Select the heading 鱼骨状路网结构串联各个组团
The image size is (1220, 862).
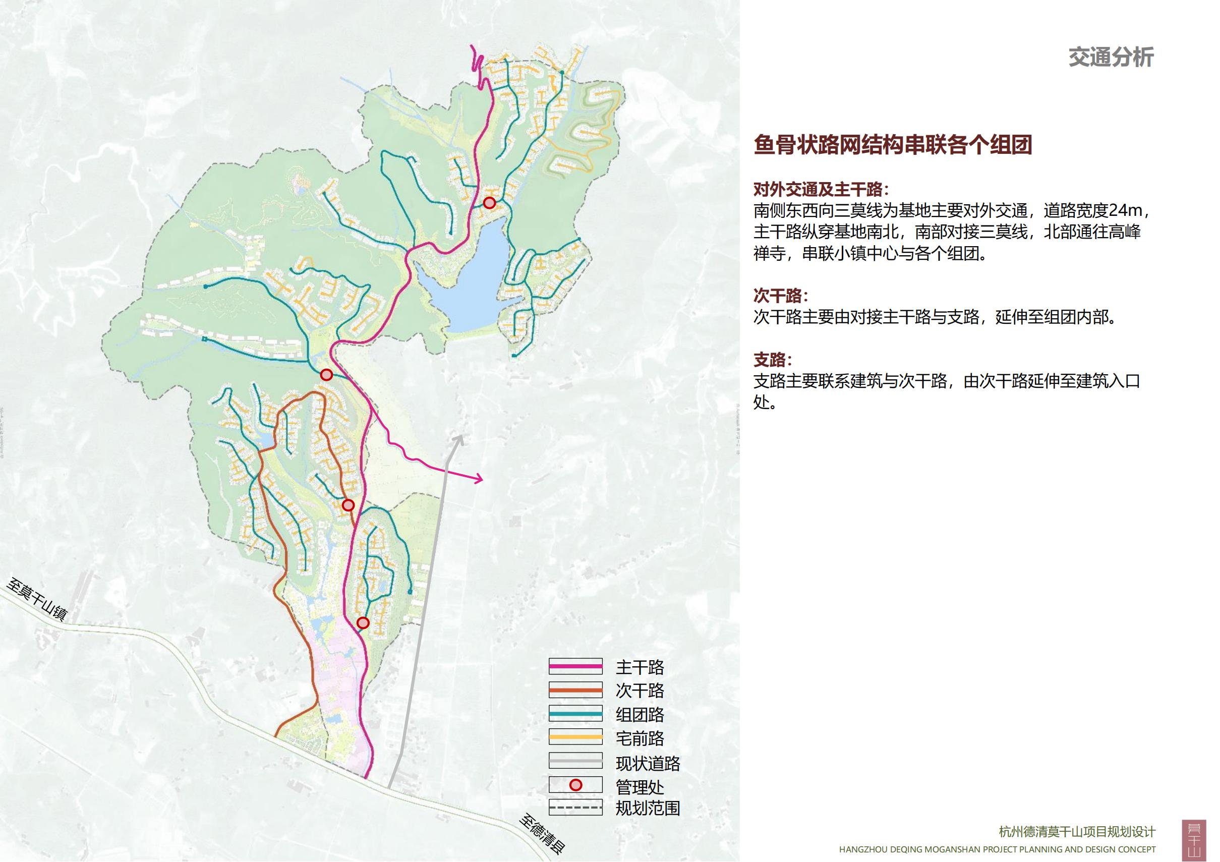(892, 145)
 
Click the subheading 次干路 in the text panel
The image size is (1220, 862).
(780, 296)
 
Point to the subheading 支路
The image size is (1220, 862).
(772, 360)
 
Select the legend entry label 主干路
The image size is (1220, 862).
(639, 667)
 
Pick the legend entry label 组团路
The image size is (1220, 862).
(639, 715)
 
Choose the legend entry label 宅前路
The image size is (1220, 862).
(639, 738)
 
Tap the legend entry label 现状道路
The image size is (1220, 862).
(647, 763)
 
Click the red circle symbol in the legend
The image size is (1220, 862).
(575, 785)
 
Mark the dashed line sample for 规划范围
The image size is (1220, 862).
(575, 809)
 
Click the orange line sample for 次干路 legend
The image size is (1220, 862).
(575, 691)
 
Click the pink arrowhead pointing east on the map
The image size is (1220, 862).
(479, 479)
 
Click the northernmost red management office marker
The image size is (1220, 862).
(489, 202)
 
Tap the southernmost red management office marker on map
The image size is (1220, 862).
(363, 623)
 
